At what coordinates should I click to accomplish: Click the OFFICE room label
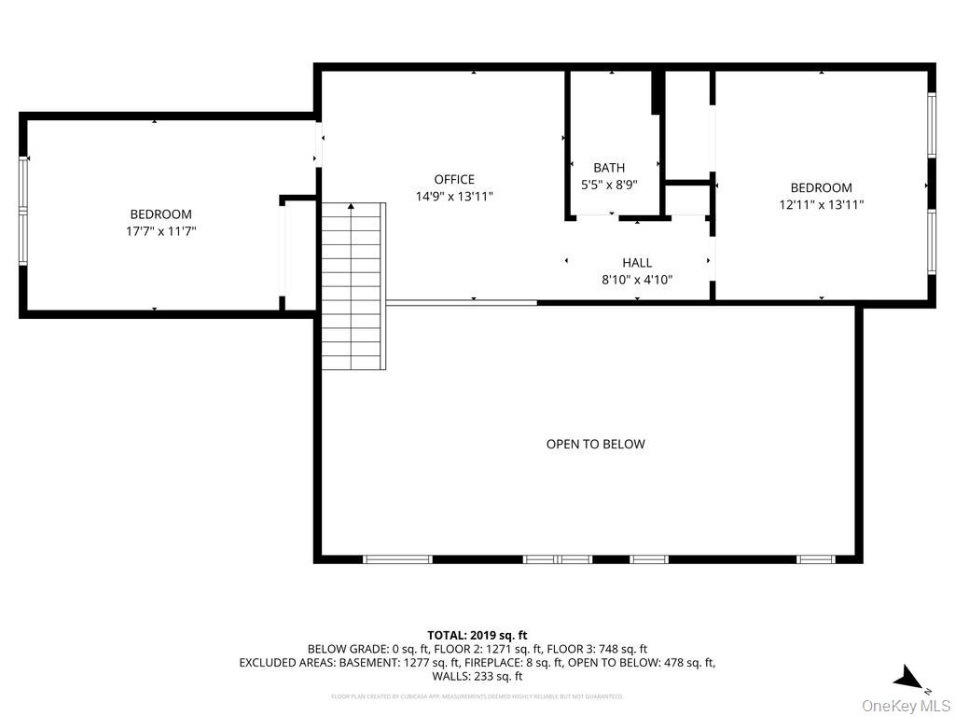pyautogui.click(x=454, y=180)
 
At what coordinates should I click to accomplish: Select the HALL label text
pyautogui.click(x=637, y=263)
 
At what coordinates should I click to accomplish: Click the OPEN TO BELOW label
pyautogui.click(x=595, y=445)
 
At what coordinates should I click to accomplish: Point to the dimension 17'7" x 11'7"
pyautogui.click(x=160, y=231)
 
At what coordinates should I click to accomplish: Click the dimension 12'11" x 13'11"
pyautogui.click(x=821, y=204)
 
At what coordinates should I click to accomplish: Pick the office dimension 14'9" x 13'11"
pyautogui.click(x=454, y=197)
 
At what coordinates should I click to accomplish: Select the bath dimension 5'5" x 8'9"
pyautogui.click(x=609, y=185)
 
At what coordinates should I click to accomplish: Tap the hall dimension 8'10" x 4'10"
pyautogui.click(x=637, y=280)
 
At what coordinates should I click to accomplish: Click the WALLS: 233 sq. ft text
pyautogui.click(x=477, y=677)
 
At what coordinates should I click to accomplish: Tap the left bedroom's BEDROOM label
pyautogui.click(x=160, y=214)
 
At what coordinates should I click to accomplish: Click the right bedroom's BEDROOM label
pyautogui.click(x=821, y=187)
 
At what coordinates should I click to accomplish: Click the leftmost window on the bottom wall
pyautogui.click(x=397, y=559)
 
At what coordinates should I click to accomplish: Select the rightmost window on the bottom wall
pyautogui.click(x=814, y=559)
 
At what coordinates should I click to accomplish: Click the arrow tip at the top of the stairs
pyautogui.click(x=352, y=206)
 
